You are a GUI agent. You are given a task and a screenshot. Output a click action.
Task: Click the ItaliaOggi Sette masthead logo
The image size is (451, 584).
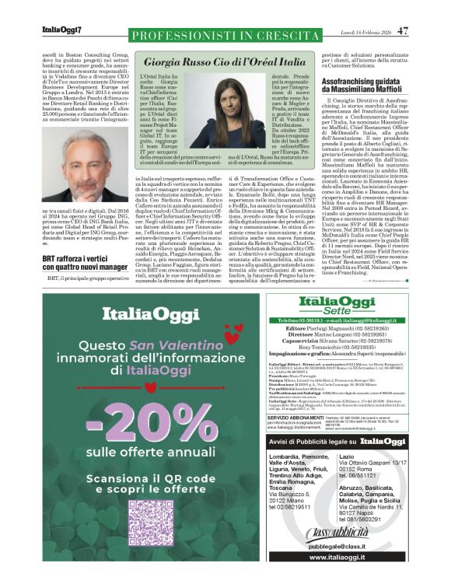[338, 303]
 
